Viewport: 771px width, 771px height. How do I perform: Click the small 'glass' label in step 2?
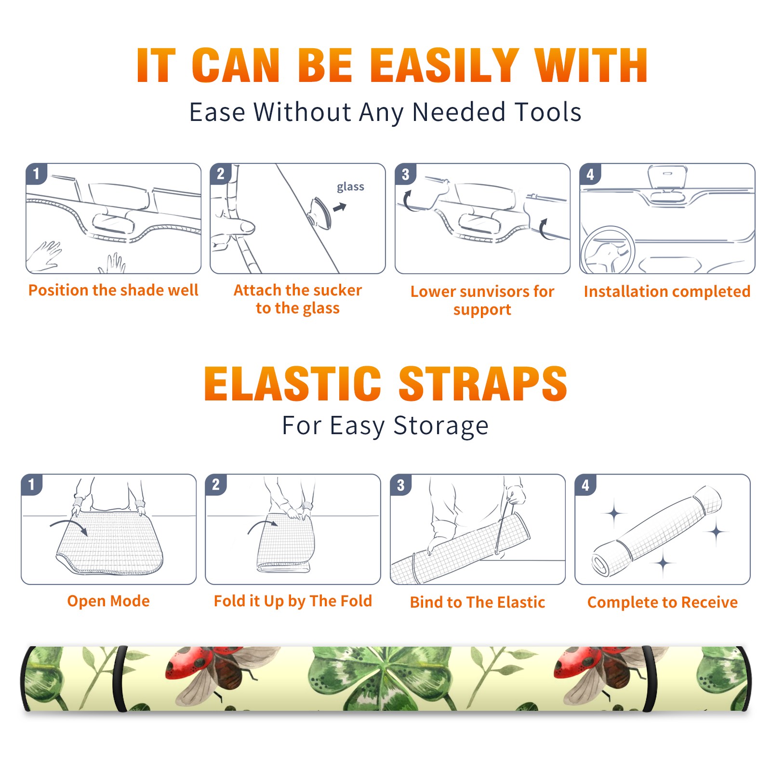point(350,187)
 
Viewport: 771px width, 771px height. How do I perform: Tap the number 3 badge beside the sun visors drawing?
point(405,174)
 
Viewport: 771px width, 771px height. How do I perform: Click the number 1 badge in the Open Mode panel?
point(32,484)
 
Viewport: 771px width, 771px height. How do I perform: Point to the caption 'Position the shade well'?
point(113,290)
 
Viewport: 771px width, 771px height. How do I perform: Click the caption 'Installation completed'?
point(667,291)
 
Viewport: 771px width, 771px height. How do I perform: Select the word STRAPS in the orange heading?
point(483,384)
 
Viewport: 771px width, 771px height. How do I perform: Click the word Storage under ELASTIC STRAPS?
point(441,426)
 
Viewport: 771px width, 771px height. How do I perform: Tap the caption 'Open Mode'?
point(108,601)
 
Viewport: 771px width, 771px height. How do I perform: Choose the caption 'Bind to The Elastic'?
point(478,602)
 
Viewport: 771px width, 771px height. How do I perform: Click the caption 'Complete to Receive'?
point(663,602)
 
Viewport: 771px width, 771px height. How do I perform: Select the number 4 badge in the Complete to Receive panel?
point(585,484)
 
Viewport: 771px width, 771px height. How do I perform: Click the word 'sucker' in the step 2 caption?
point(337,290)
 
